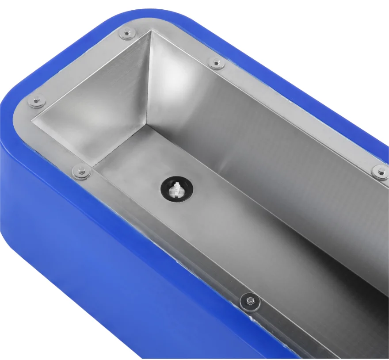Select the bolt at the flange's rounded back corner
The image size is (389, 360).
tap(128, 32)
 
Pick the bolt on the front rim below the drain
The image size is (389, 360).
tap(250, 303)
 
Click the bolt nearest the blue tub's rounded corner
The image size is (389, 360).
tap(36, 101)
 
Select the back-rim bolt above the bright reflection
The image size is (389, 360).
tap(217, 63)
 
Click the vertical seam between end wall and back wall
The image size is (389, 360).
tap(149, 80)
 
